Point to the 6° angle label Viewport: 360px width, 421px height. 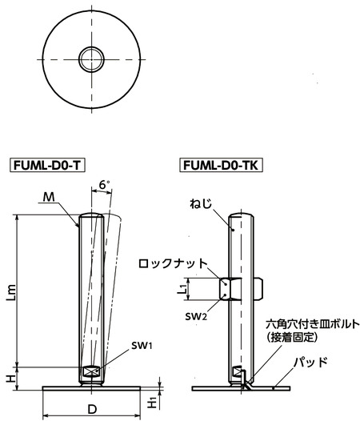click(103, 186)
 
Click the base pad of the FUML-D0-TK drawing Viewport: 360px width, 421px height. click(240, 387)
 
